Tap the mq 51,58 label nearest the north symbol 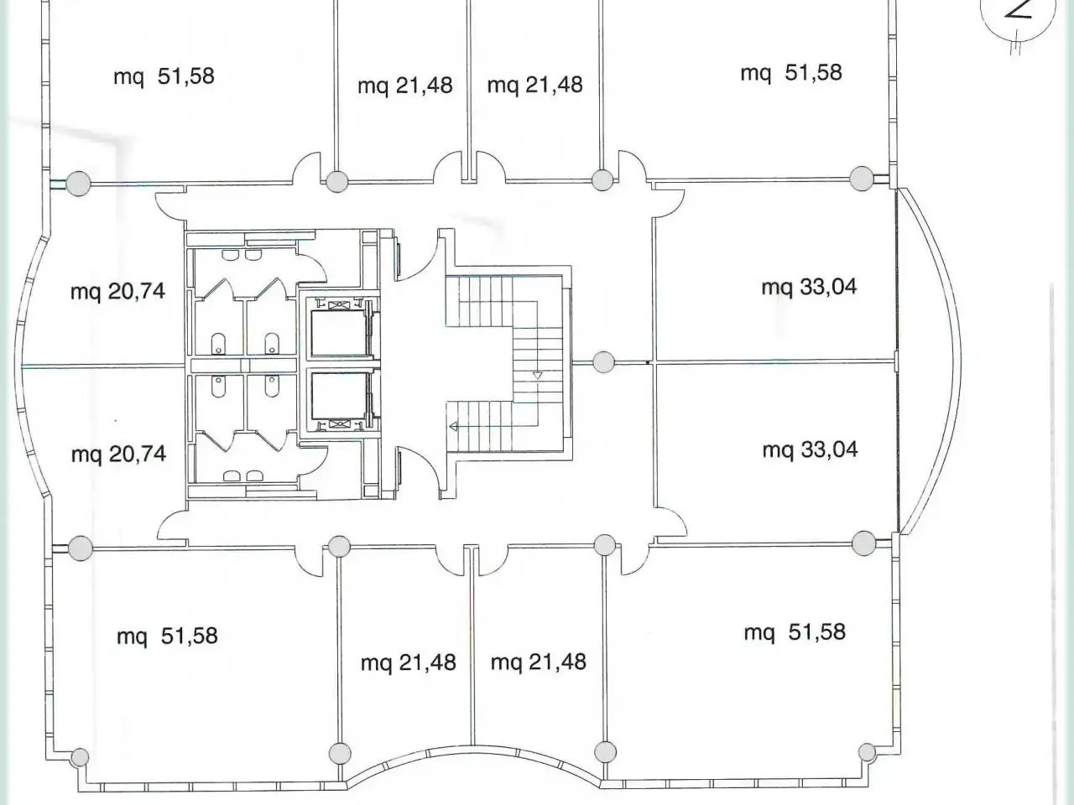click(791, 73)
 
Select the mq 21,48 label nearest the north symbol click(534, 85)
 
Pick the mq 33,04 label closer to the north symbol click(810, 287)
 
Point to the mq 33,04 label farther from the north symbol click(811, 449)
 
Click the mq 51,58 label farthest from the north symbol click(167, 636)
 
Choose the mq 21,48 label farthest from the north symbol click(408, 662)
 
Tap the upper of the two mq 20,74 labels click(117, 292)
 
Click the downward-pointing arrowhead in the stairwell click(537, 376)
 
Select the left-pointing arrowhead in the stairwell click(454, 427)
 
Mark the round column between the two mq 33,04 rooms click(603, 362)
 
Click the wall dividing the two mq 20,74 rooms click(103, 366)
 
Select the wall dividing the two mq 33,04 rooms click(775, 361)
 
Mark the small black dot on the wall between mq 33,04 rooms click(648, 362)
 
